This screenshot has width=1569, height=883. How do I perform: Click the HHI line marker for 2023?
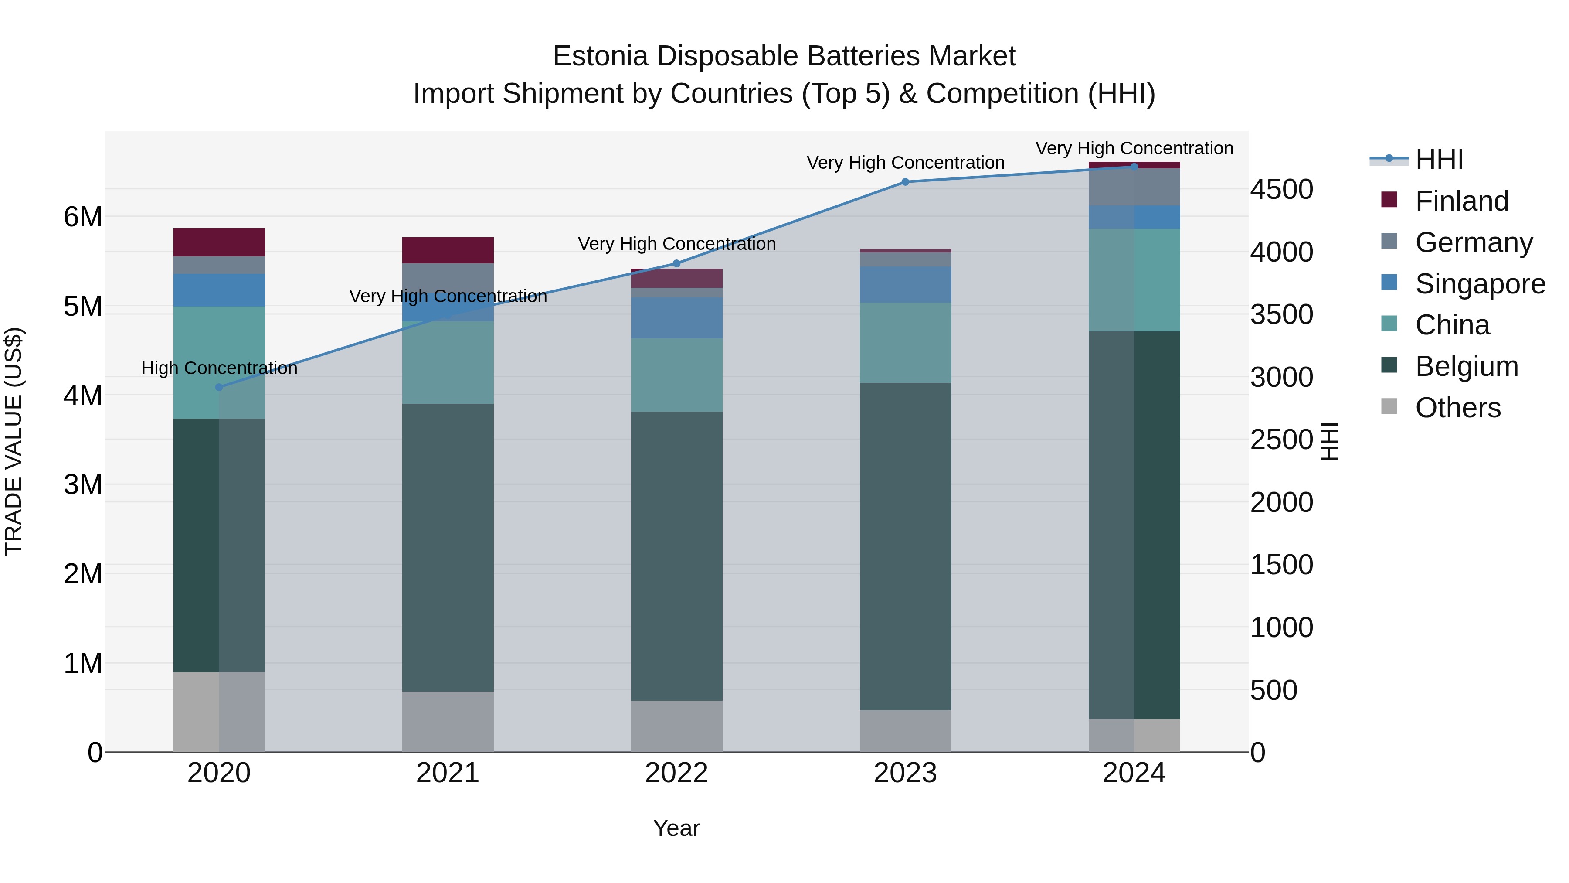click(905, 181)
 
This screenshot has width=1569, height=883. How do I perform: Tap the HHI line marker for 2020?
click(219, 387)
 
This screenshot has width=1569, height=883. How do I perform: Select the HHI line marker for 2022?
click(676, 263)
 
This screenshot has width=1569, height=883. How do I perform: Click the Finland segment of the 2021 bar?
click(448, 250)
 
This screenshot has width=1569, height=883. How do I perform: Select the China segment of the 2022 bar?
click(676, 375)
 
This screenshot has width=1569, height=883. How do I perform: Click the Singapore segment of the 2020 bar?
click(219, 290)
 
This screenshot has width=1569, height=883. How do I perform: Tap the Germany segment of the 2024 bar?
click(1134, 187)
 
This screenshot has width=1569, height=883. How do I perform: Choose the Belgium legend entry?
click(1466, 366)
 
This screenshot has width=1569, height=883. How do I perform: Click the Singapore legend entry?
click(1480, 284)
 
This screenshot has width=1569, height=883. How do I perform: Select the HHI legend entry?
click(1439, 160)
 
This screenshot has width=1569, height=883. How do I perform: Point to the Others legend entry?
click(1457, 408)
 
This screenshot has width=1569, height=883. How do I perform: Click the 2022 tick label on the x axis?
click(676, 773)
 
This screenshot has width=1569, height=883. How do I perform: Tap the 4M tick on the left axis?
click(83, 395)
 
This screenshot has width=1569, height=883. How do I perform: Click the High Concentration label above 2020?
click(219, 368)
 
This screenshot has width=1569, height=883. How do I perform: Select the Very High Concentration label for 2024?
click(1134, 148)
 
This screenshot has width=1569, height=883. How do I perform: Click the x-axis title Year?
click(676, 828)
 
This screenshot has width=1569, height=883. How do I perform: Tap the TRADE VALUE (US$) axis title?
click(14, 441)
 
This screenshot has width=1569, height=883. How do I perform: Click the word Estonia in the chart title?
click(600, 56)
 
